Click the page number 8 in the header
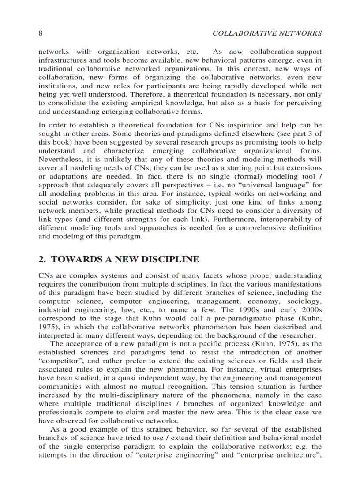pyautogui.click(x=40, y=33)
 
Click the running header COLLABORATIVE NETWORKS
pyautogui.click(x=267, y=33)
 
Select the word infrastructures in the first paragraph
pyautogui.click(x=60, y=60)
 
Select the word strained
pyautogui.click(x=134, y=430)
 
